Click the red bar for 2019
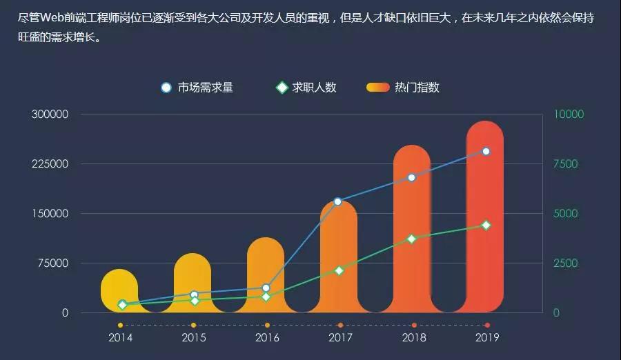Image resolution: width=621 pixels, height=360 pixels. (485, 221)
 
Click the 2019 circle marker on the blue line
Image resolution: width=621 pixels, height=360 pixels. (486, 151)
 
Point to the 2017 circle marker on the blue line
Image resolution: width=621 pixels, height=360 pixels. (338, 201)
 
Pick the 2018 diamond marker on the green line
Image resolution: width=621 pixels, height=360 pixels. (412, 239)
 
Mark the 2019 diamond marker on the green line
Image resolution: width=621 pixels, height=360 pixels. (486, 225)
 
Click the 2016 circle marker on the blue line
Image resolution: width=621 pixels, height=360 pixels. (266, 288)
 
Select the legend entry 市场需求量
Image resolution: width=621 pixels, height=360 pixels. (197, 88)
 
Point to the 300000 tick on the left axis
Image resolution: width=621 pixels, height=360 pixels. (50, 114)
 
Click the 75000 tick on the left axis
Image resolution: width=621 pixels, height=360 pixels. (53, 263)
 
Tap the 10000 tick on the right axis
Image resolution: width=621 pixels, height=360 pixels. (571, 114)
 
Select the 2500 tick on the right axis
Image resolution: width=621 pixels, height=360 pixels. (567, 263)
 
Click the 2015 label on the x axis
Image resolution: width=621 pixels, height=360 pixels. (194, 337)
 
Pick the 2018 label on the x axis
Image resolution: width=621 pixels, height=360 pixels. (413, 337)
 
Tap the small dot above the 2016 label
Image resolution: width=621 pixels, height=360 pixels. (267, 325)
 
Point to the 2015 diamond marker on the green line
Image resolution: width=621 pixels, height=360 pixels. (195, 301)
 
